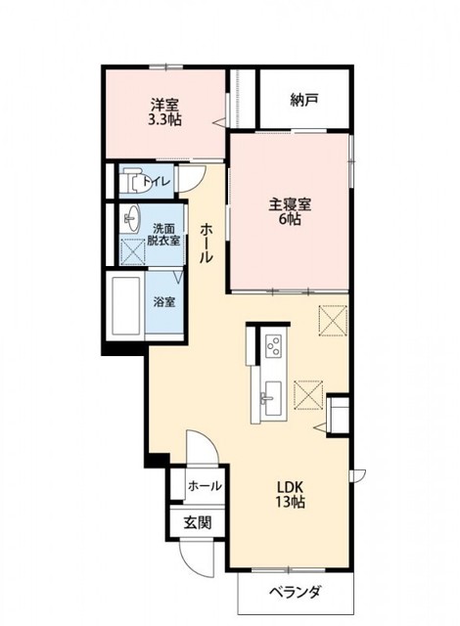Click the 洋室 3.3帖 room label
point(165,111)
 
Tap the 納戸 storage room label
point(304,99)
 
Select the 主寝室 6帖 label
point(290,212)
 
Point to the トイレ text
point(157,182)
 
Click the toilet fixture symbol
point(127,182)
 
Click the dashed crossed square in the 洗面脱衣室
point(131,250)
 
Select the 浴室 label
point(163,302)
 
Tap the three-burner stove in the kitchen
point(271,345)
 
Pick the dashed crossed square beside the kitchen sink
point(309,393)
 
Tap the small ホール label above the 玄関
point(204,486)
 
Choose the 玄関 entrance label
point(198,522)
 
